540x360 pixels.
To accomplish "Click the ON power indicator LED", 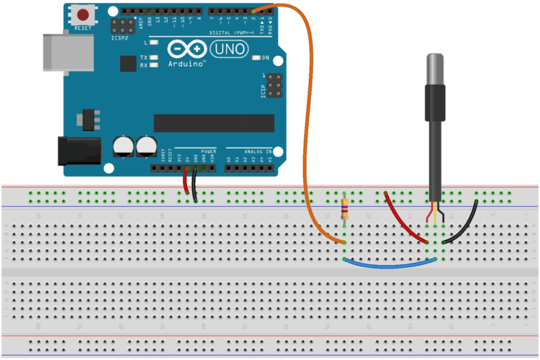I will point(257,58).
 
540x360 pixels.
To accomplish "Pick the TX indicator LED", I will point(153,58).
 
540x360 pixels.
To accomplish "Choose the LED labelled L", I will point(153,44).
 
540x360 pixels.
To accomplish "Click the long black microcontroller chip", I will point(214,123).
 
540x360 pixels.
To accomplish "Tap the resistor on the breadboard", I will point(345,210).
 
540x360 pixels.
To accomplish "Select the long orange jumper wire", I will point(311,108).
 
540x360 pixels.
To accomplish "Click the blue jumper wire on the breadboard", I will point(389,264).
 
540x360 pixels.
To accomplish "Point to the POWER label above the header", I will point(208,152).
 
